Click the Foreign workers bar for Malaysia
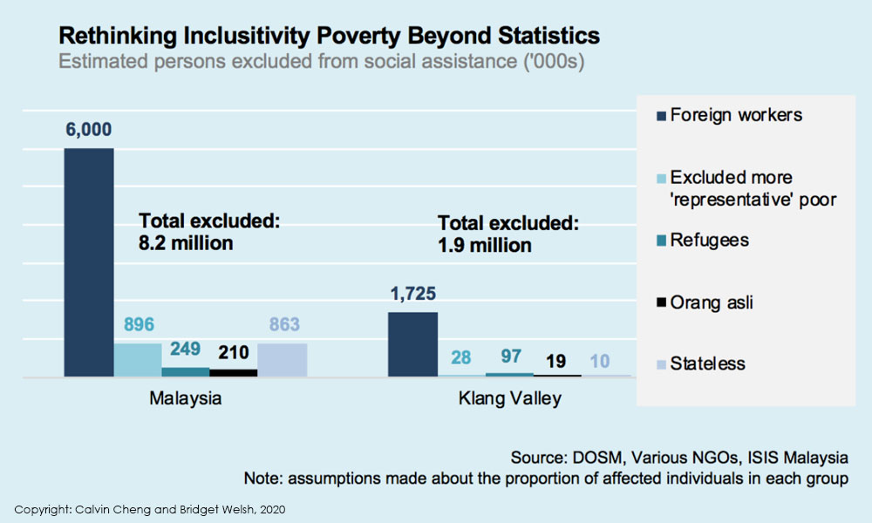[89, 261]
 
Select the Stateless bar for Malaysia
[283, 360]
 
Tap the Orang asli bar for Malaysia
[234, 372]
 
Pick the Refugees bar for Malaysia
[185, 371]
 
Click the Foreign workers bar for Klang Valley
[412, 344]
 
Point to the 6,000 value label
[88, 129]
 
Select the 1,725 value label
[412, 295]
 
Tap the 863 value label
[283, 325]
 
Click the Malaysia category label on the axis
[186, 399]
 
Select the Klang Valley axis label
[510, 399]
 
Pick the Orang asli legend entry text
[712, 302]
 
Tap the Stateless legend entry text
[707, 363]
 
